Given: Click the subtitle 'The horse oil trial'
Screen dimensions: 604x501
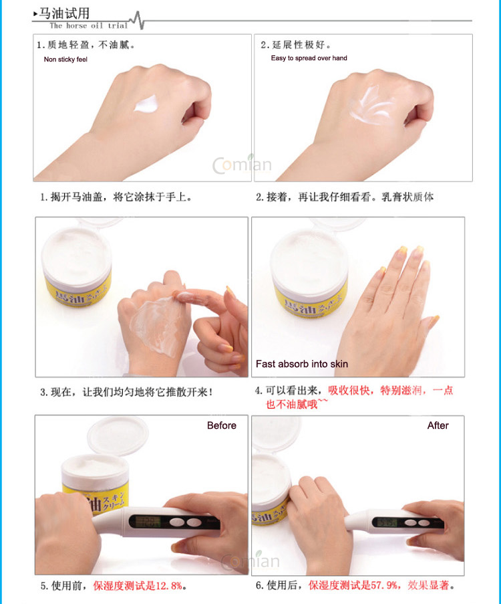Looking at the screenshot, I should (88, 25).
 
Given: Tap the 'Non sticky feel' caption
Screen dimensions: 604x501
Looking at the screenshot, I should (65, 60).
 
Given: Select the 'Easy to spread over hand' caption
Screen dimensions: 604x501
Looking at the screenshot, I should (309, 58).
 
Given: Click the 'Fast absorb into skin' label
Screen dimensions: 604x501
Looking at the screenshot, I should (302, 364).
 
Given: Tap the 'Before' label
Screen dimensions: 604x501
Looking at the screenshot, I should (221, 425).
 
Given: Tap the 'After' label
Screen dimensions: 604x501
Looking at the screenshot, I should (438, 425).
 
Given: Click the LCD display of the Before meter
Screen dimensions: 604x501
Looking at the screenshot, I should (145, 522).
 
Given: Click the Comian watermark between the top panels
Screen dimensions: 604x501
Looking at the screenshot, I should (242, 165).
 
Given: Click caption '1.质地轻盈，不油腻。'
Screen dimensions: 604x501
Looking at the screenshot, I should (86, 45).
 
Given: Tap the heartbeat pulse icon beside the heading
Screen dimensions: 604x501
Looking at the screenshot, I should (137, 20).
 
